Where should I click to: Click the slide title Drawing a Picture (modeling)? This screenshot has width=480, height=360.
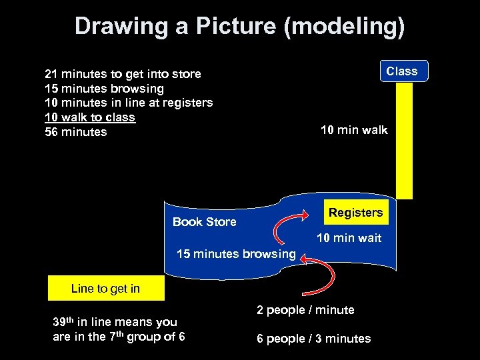click(239, 27)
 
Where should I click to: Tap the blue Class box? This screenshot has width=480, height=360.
click(403, 71)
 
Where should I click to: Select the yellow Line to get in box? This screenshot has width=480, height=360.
click(105, 289)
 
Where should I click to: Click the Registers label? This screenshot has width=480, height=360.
click(355, 213)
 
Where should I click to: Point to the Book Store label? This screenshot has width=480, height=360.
click(204, 222)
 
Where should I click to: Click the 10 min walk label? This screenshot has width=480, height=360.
click(353, 130)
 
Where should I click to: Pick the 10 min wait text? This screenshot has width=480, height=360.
click(349, 238)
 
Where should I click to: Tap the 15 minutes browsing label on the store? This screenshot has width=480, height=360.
click(235, 254)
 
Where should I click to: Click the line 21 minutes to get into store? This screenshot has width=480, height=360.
click(123, 74)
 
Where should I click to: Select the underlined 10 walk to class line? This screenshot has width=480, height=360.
click(90, 117)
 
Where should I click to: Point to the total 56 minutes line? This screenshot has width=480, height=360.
click(75, 132)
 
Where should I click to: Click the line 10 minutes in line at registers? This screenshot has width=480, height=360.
click(129, 103)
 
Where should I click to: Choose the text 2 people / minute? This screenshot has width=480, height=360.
click(305, 310)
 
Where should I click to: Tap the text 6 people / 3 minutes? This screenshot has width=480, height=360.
click(313, 339)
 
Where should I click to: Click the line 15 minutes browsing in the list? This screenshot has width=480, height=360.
click(104, 89)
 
